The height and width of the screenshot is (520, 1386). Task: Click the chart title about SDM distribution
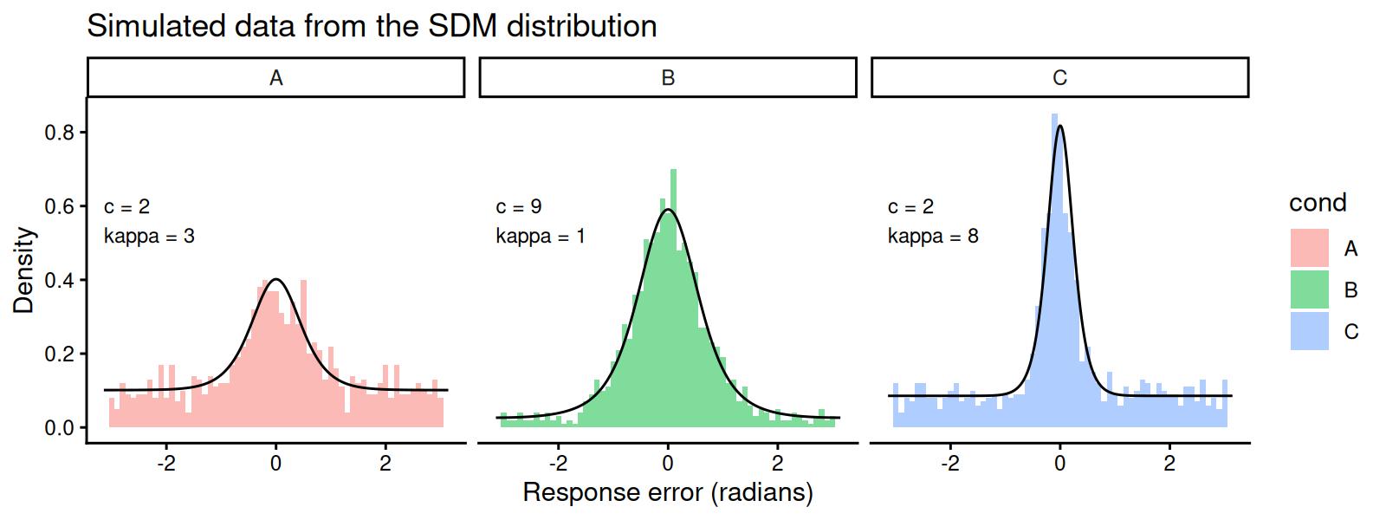coord(372,27)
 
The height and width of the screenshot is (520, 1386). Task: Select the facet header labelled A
coord(275,78)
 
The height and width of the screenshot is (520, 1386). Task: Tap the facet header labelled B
coord(668,78)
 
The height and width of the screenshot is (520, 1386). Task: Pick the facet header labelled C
coord(1059,78)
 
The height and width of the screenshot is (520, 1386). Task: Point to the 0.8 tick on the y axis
coord(61,133)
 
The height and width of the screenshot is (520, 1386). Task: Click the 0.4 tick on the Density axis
coord(61,280)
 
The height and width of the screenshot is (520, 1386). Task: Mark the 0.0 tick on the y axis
coord(61,428)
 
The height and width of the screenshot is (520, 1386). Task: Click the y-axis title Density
coord(24,270)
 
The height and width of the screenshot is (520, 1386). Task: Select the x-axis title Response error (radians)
coord(668,493)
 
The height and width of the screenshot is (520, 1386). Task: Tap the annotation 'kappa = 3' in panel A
coord(149,236)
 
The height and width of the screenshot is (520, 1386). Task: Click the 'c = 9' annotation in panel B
coord(519,206)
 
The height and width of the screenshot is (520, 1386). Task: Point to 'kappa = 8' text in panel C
coord(933,236)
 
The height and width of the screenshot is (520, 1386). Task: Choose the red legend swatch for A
coord(1309,248)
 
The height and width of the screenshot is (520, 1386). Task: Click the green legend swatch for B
coord(1309,289)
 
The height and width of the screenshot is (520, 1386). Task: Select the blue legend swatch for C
coord(1309,331)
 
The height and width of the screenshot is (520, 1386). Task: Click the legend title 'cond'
coord(1318,203)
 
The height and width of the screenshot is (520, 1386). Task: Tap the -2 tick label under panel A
coord(165,463)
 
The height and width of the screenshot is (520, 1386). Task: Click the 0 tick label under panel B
coord(668,463)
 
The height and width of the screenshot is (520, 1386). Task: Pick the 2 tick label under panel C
coord(1169,463)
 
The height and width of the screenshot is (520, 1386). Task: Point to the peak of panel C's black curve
coord(1059,126)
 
